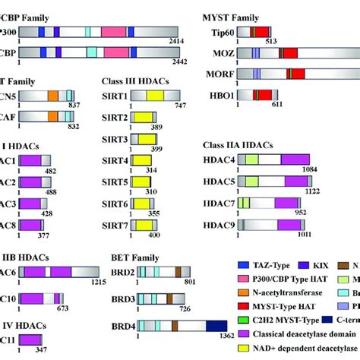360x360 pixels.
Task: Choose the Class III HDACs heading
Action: (x=136, y=80)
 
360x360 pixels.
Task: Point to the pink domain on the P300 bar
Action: (x=113, y=32)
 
